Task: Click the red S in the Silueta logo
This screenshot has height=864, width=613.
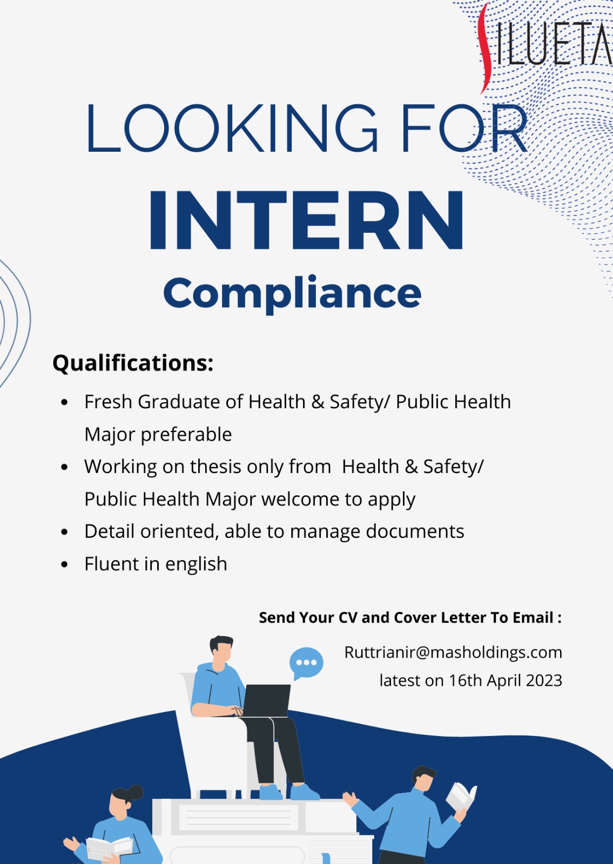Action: pos(484,48)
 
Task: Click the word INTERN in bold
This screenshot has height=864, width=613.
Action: pos(307,220)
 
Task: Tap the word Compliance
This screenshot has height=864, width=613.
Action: pos(292,294)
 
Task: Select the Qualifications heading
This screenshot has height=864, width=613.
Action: pos(133,363)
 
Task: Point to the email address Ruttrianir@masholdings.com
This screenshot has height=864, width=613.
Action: pos(453,652)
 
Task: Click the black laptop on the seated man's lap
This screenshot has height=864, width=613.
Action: pos(266,701)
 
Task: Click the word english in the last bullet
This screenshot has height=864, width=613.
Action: pos(196,564)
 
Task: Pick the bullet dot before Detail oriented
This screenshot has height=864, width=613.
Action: pos(64,532)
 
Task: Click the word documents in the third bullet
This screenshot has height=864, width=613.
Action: pos(415,531)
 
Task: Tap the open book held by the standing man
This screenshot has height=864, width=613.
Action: pos(461,794)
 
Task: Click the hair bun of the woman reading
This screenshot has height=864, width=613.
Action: pos(135,792)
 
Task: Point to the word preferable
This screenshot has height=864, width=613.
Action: pos(186,435)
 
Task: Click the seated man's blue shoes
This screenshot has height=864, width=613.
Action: pos(289,792)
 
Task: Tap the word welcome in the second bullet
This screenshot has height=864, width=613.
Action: pos(300,499)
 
